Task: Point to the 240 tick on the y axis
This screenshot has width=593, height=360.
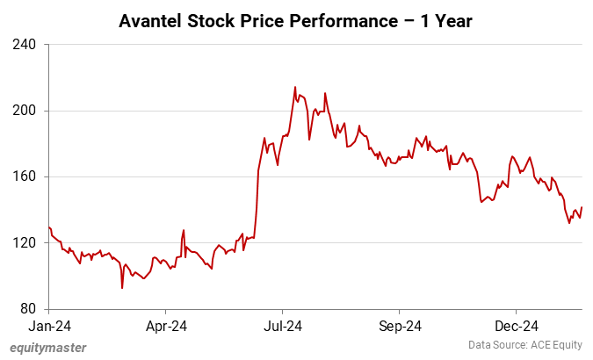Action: pyautogui.click(x=25, y=44)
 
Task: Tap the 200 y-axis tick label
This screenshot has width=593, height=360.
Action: pyautogui.click(x=25, y=111)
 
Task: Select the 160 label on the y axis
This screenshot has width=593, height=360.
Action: pyautogui.click(x=25, y=176)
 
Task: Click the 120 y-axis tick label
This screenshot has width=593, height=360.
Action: pyautogui.click(x=25, y=243)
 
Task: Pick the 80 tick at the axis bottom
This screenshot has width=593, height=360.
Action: pyautogui.click(x=28, y=309)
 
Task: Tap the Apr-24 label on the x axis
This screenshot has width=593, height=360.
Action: pyautogui.click(x=165, y=326)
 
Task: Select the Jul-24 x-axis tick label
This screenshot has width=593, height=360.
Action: pyautogui.click(x=282, y=326)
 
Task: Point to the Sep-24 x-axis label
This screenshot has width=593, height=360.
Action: pyautogui.click(x=399, y=326)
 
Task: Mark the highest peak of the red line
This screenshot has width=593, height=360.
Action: pyautogui.click(x=295, y=87)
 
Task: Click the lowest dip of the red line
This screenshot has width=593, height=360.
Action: pyautogui.click(x=122, y=287)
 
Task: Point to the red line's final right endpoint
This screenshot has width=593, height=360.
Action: pyautogui.click(x=582, y=207)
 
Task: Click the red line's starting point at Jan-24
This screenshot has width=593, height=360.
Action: pyautogui.click(x=49, y=227)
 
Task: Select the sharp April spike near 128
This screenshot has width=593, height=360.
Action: pyautogui.click(x=184, y=230)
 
